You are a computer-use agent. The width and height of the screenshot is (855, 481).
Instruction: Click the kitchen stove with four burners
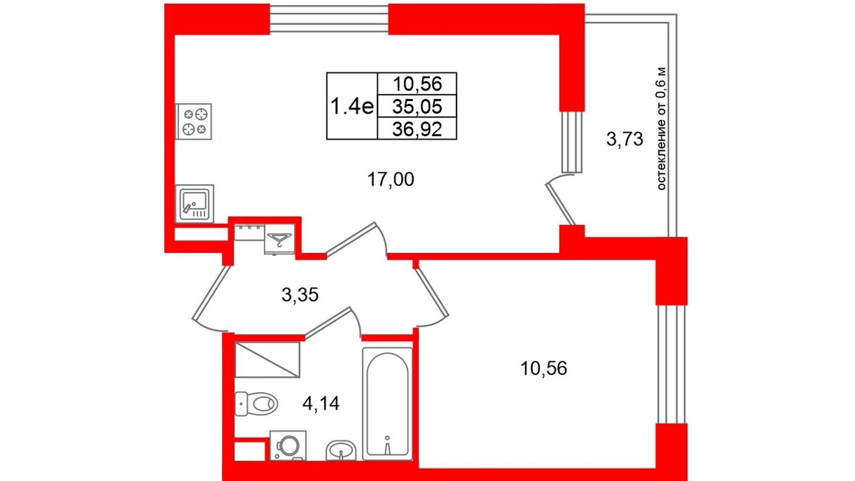point(194,122)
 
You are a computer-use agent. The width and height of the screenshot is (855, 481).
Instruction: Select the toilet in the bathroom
point(256,404)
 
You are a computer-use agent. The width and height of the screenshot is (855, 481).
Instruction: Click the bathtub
point(387,404)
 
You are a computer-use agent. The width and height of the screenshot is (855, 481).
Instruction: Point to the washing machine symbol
point(288,445)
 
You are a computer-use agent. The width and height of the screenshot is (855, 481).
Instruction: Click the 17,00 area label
point(391,179)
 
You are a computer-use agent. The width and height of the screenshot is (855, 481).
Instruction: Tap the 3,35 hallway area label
point(300,294)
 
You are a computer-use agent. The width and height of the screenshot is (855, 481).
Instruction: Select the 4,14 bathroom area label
point(321,404)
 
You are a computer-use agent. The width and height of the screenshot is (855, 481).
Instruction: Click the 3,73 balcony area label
point(624,139)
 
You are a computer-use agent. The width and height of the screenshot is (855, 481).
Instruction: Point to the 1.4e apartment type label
point(352,106)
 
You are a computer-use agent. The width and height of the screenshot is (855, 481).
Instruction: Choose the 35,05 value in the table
point(417,106)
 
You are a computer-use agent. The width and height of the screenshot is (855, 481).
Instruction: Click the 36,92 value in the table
point(417,129)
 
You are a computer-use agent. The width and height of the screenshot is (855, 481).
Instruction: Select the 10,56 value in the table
point(417,84)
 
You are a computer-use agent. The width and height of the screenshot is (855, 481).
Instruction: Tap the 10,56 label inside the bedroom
point(543,368)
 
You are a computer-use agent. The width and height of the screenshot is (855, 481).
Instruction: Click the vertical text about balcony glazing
point(661,128)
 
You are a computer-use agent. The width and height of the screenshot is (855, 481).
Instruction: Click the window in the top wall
point(329,19)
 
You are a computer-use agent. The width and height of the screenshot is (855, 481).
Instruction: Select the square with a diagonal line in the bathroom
point(267,359)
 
